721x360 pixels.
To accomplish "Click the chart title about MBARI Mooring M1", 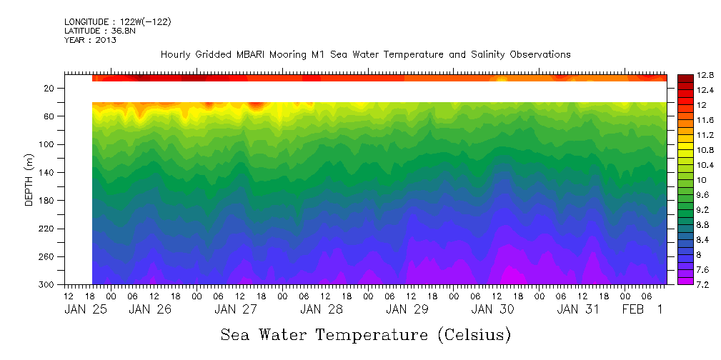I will pos(365,54).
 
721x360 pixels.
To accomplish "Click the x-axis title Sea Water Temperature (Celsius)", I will pos(366,334).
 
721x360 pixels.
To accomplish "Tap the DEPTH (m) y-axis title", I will pos(29,183).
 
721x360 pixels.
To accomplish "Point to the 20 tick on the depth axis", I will pos(50,89).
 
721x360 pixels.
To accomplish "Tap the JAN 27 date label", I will pos(236,309).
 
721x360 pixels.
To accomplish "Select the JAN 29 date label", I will pos(407,309).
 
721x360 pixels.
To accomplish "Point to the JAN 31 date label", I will pos(578,309).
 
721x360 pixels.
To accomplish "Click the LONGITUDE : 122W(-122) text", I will pos(117,21).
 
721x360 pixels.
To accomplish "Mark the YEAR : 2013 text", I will pos(90,40).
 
